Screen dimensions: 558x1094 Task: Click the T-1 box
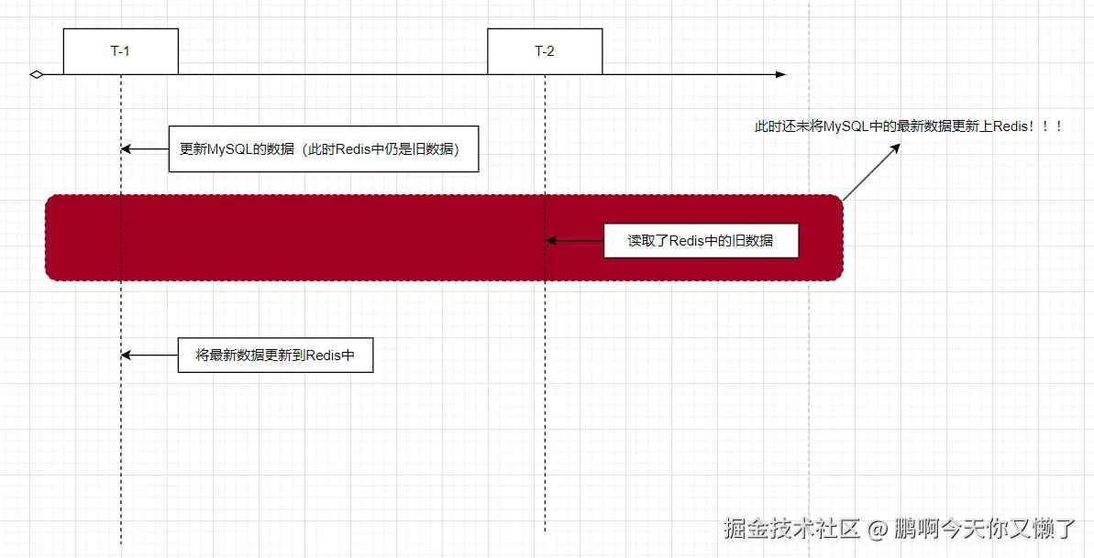pos(120,51)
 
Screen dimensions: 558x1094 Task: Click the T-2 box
pos(545,51)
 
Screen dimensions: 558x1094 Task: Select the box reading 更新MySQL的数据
pos(324,149)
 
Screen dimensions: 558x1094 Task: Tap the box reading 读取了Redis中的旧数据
pos(701,241)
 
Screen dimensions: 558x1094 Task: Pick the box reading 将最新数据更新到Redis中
pos(275,355)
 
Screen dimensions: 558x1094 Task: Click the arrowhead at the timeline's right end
pos(780,74)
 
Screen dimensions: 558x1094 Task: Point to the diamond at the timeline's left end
pos(36,74)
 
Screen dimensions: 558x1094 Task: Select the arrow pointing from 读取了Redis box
pos(574,241)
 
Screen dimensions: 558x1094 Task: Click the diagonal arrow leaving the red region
pos(870,171)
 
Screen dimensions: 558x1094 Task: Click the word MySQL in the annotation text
pos(844,127)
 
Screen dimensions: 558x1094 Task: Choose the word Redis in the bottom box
pos(323,355)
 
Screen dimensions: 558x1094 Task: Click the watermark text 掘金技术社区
pos(791,529)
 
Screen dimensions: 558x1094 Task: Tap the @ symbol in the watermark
pos(878,530)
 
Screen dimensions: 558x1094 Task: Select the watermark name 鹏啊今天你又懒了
pos(985,529)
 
